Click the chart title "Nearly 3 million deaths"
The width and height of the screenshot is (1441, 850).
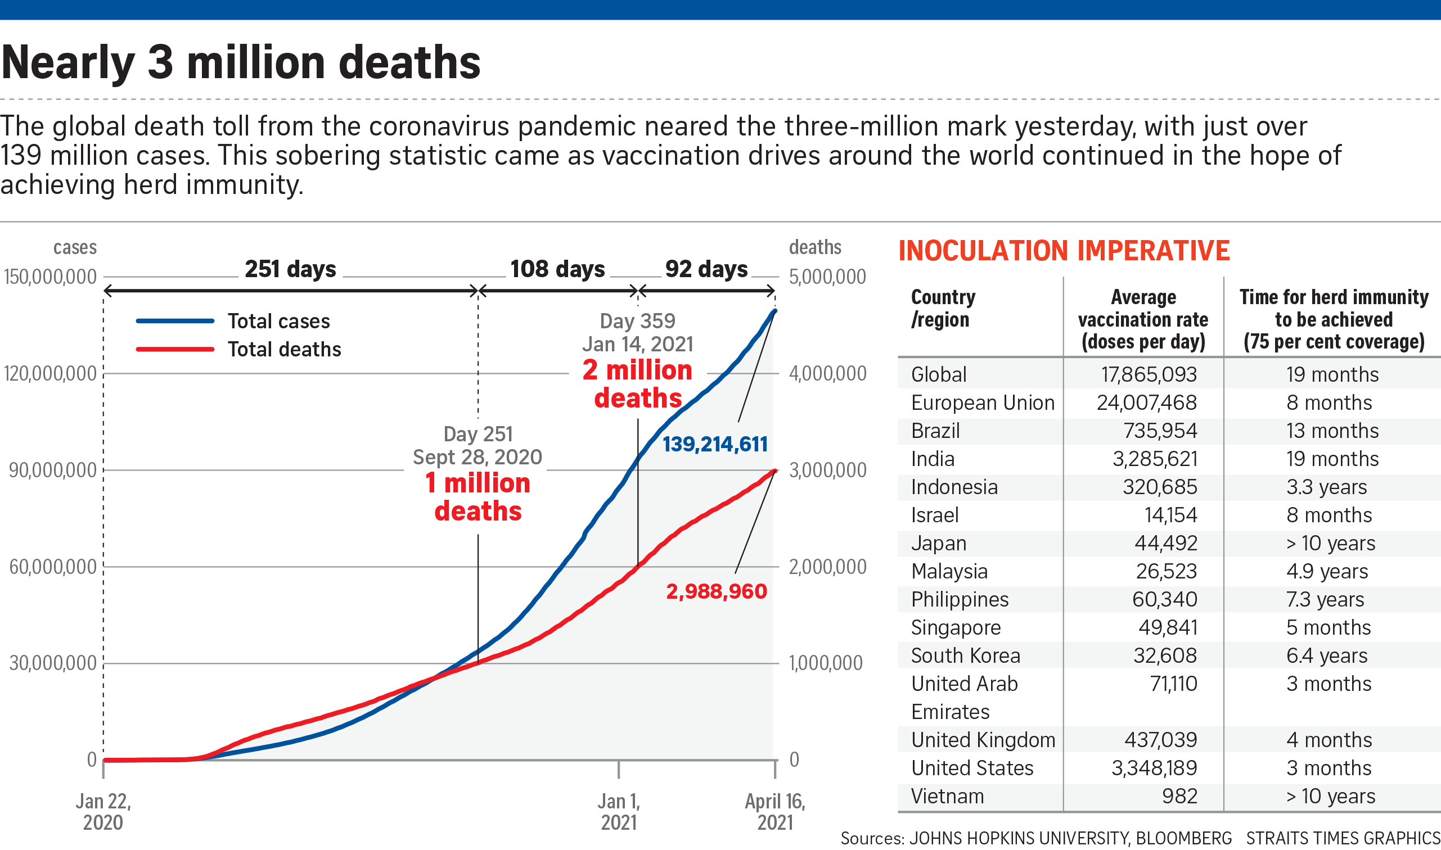[x=241, y=62]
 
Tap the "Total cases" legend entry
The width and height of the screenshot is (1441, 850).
[x=278, y=322]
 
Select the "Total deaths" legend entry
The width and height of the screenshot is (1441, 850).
[x=284, y=350]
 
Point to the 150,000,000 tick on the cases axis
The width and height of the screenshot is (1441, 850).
[x=51, y=277]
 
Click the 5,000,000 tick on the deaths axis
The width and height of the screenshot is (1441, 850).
[x=827, y=277]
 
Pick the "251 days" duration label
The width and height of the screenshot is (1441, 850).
[x=290, y=269]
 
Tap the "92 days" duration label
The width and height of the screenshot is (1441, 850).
[x=706, y=269]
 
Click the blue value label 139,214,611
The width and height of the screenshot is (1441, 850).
[x=715, y=445]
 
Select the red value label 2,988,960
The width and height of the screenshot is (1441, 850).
[x=716, y=591]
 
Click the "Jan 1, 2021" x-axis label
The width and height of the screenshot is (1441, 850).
[x=619, y=812]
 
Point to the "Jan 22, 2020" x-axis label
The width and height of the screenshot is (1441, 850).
[x=103, y=812]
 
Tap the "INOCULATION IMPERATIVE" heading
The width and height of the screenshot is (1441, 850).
[x=1064, y=251]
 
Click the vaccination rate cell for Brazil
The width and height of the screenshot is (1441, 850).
[x=1160, y=431]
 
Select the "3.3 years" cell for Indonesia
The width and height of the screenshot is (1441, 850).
[x=1326, y=487]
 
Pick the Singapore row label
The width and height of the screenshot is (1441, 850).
[x=956, y=628]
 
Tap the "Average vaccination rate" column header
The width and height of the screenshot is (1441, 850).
[x=1143, y=320]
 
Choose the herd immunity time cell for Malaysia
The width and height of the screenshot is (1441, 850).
[x=1327, y=571]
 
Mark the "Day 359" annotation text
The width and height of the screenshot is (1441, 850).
[x=637, y=321]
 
